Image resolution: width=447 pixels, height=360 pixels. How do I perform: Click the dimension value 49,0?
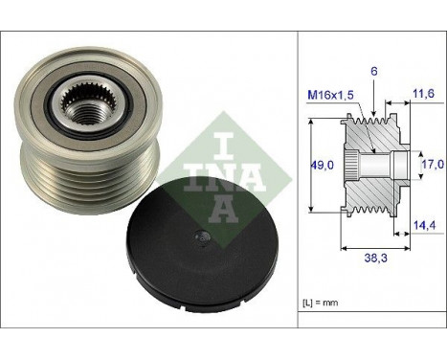[322, 165]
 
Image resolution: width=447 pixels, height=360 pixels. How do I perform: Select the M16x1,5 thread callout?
[330, 95]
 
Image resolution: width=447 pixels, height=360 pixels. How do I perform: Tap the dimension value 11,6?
[423, 94]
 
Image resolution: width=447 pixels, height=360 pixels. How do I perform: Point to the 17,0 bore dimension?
[433, 164]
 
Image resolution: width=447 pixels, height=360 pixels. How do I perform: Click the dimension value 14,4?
[424, 225]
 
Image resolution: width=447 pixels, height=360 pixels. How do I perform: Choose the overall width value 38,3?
[375, 258]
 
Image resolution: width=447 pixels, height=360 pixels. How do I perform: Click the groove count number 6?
[374, 72]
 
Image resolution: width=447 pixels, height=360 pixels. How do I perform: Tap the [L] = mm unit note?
[320, 303]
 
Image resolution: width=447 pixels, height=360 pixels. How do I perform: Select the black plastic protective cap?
[202, 245]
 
